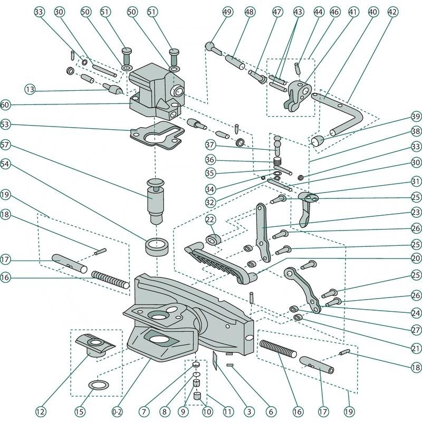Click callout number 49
coord(228,12)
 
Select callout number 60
coord(6,105)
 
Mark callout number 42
coord(392,12)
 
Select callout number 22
coord(210,219)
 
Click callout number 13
coord(31,90)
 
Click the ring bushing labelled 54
coord(157,246)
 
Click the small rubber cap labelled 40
coord(317,140)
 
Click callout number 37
coord(210,145)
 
